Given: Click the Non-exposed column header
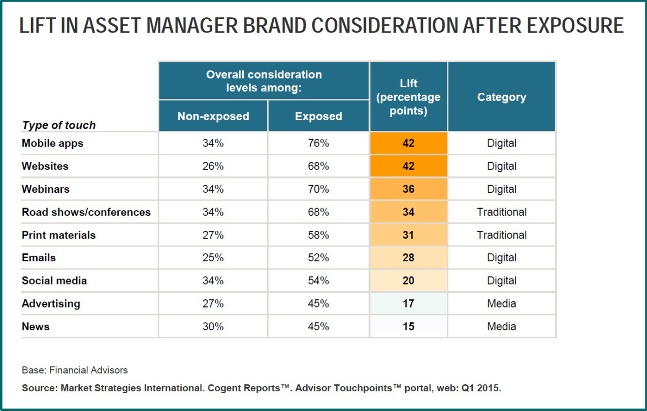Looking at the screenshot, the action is (x=213, y=116).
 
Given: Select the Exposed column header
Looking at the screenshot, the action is (x=318, y=116).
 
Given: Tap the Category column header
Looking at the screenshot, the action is (x=502, y=97).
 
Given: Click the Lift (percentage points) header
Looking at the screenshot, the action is (x=408, y=97).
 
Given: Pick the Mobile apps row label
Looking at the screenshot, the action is (x=53, y=144).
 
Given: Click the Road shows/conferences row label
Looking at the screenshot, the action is (x=86, y=212).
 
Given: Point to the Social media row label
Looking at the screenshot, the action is (x=54, y=281).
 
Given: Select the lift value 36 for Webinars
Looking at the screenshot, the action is (x=408, y=189).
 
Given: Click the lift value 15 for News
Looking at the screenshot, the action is (x=408, y=326).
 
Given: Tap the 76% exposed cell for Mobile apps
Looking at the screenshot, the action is (x=318, y=143).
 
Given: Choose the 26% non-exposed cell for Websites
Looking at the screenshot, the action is (x=213, y=166).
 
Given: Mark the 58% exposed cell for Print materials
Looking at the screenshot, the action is (x=318, y=235).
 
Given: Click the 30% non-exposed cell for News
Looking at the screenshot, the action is (x=213, y=326).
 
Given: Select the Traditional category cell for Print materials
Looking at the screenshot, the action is (x=502, y=235).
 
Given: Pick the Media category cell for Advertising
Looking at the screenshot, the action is (x=502, y=303).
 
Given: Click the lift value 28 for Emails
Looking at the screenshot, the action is (x=408, y=257).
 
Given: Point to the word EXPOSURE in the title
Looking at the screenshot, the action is (x=575, y=25).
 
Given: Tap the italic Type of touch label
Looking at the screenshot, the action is (x=59, y=125).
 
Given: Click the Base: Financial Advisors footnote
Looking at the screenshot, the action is (x=75, y=370).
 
